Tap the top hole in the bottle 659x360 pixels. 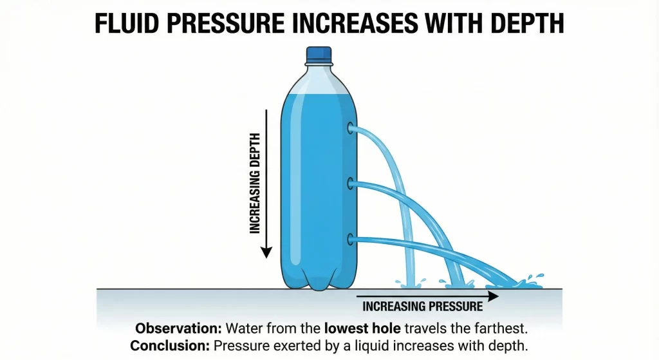(x=351, y=128)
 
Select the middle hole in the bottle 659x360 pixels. (x=351, y=184)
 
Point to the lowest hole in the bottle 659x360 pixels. (x=351, y=240)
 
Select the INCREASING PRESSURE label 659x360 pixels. (x=422, y=307)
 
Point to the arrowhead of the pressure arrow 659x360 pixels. (x=493, y=296)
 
